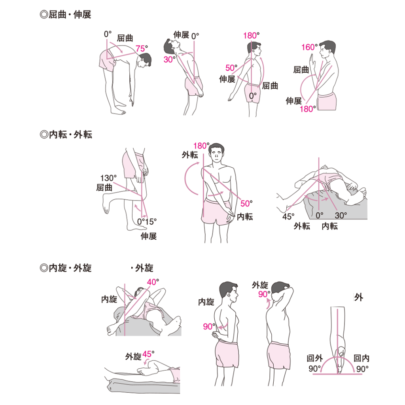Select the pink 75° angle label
click(142, 48)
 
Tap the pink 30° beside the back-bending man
click(169, 59)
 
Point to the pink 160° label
click(309, 47)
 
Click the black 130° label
click(108, 178)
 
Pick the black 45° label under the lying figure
click(288, 216)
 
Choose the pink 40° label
click(153, 282)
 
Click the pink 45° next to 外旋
click(148, 354)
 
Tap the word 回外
click(314, 358)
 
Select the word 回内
click(361, 358)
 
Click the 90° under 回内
click(362, 369)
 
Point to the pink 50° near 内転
click(246, 204)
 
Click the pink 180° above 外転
click(201, 146)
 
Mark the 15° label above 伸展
click(151, 221)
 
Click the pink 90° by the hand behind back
click(209, 326)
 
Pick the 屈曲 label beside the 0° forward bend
click(125, 38)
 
